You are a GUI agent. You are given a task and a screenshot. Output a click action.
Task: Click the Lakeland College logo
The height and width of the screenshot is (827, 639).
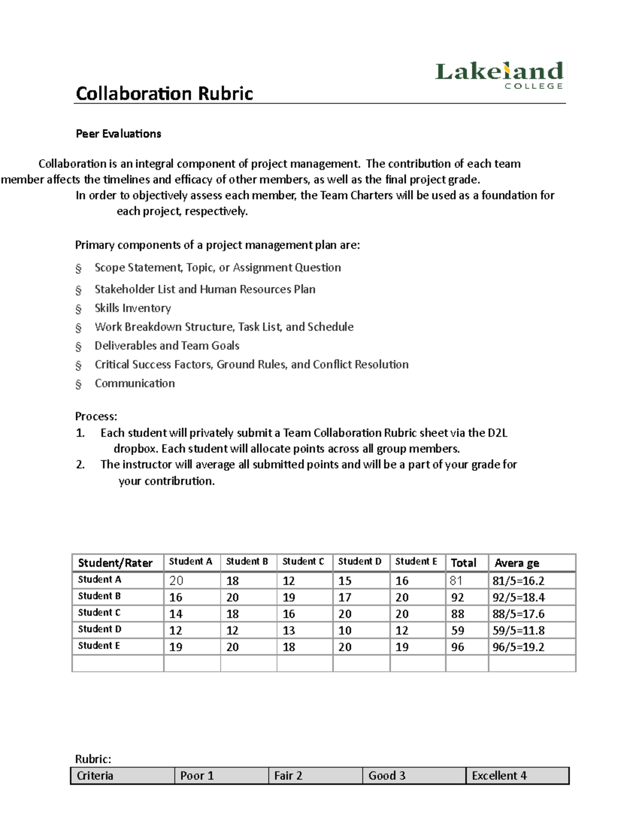coord(499,76)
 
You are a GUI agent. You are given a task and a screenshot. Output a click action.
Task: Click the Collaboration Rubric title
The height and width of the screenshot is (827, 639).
coord(164,94)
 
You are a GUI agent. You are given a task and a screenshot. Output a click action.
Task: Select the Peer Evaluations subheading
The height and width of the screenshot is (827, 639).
coord(118,134)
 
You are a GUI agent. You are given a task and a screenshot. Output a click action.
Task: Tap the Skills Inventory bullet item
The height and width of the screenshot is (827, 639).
coord(133,308)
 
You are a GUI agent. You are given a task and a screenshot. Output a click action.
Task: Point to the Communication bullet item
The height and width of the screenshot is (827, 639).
coord(134,383)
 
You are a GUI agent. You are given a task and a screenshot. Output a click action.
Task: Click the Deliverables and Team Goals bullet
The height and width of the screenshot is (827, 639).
coord(167,346)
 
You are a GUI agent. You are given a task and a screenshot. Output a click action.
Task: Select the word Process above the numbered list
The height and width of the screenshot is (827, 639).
coord(96,416)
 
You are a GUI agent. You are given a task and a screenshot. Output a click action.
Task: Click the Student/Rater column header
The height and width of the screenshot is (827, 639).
coord(115,563)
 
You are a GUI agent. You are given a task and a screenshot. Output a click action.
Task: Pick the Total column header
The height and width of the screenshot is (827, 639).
coord(463,563)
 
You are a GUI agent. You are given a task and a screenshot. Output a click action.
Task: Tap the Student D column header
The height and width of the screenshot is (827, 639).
coord(359,561)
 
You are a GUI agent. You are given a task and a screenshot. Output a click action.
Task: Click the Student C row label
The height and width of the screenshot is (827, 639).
coord(100,612)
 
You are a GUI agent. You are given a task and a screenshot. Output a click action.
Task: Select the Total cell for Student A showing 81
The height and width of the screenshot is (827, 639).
coord(457,580)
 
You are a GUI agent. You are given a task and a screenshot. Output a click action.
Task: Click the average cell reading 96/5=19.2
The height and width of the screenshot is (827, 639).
coord(518,647)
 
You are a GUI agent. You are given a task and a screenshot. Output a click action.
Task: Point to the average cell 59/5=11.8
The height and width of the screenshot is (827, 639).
coord(518,631)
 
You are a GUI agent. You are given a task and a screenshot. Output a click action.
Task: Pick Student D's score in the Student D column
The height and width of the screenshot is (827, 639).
coord(345,631)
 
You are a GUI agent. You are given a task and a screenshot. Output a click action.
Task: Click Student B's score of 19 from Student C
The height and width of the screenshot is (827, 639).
coord(289,597)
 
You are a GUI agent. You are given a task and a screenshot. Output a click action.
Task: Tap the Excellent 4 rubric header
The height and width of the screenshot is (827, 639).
coord(499,776)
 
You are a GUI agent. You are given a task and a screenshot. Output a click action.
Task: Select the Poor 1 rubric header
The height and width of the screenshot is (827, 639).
coord(197,776)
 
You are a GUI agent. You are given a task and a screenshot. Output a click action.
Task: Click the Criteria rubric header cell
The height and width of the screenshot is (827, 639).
coord(95,776)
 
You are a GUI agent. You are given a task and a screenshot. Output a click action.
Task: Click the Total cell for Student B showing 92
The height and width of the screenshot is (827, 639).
coord(457,597)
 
